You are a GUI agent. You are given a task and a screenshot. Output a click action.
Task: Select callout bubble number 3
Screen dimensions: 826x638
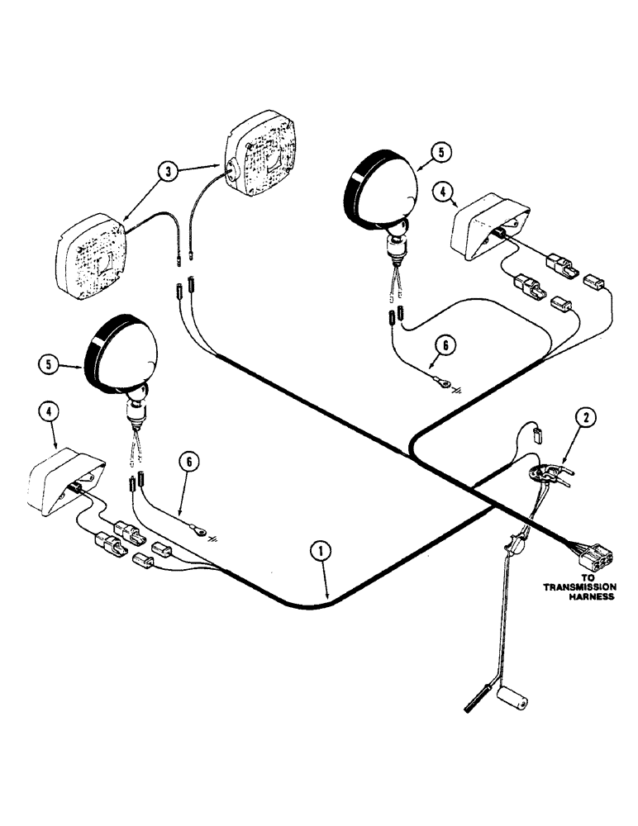169,172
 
